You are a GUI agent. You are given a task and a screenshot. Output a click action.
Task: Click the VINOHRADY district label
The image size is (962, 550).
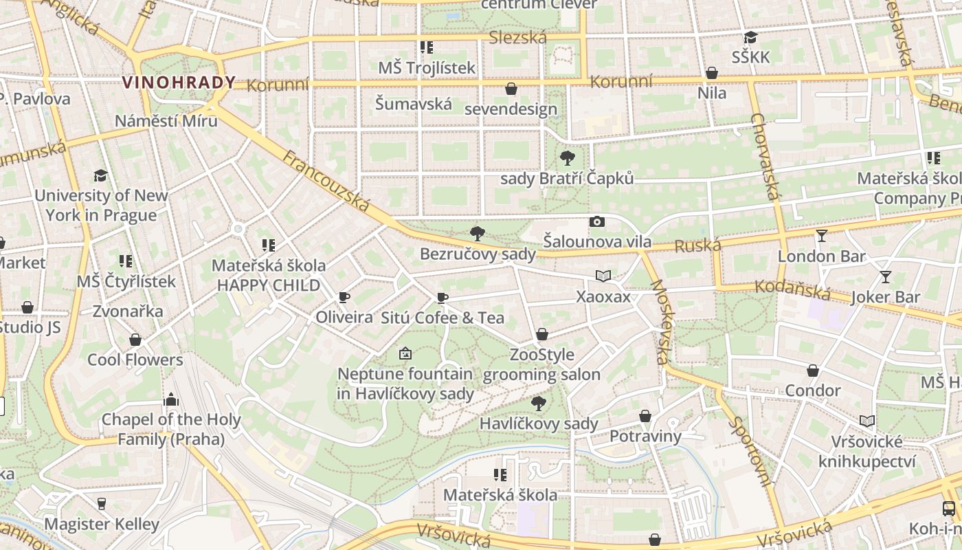coord(179,82)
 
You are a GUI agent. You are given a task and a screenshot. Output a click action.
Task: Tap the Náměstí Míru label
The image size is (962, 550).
coord(166,121)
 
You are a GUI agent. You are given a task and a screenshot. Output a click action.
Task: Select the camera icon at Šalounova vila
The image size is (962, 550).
coord(597,221)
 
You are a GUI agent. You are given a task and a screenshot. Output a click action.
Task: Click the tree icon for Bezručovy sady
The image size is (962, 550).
coord(477,234)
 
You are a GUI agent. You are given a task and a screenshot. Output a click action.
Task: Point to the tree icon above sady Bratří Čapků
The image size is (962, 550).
coord(567,158)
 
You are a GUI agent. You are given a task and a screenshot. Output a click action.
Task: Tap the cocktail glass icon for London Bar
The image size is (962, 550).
coord(821,236)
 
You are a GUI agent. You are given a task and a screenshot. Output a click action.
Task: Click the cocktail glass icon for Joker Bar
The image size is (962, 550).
coord(885,277)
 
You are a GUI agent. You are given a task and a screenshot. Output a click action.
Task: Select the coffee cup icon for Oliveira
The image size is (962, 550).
coord(344,297)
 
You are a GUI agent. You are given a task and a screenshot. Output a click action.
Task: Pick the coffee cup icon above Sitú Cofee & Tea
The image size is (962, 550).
coord(443,298)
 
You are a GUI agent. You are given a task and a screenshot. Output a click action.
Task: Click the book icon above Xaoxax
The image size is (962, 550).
coord(603,276)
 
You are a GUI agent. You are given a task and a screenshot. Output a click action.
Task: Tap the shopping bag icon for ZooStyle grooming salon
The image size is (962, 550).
coord(542,335)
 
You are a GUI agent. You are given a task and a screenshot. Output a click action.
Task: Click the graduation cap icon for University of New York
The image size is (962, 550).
coord(101,175)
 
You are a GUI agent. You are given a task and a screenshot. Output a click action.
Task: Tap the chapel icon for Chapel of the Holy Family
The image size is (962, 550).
coord(171,399)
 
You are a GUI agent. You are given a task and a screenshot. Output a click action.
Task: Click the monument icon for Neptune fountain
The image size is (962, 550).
coord(405,354)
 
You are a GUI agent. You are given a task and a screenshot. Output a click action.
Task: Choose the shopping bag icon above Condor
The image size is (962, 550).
coord(813,371)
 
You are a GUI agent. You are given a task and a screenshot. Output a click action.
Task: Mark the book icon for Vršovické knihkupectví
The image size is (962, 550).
coord(867,421)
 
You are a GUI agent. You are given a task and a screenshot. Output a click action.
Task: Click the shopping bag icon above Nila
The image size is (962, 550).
coord(712,73)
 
